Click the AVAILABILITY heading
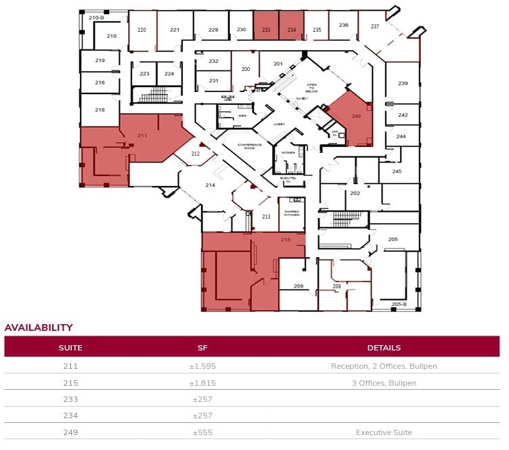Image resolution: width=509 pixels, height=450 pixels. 39,328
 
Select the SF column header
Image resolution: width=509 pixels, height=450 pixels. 202,348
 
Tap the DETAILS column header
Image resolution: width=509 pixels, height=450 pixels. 384,348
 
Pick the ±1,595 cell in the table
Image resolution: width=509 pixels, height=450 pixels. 202,366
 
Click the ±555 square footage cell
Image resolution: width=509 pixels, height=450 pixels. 202,432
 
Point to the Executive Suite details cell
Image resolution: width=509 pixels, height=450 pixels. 384,432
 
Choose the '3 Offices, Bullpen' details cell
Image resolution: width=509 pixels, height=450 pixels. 384,383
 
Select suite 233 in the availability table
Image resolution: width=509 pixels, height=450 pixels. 70,399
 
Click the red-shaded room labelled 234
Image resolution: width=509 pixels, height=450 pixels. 292,30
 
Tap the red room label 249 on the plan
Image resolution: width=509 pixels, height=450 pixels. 356,116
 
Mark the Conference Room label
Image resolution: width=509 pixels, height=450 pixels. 249,147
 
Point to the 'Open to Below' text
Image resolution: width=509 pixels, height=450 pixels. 312,89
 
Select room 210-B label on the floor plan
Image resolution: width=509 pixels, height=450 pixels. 96,17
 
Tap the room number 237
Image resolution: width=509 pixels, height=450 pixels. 374,26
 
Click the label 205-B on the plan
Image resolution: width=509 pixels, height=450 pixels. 399,305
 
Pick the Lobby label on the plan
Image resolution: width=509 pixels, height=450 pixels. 280,125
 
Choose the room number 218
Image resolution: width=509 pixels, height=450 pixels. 99,110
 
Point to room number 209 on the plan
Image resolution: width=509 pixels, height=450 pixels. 298,286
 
